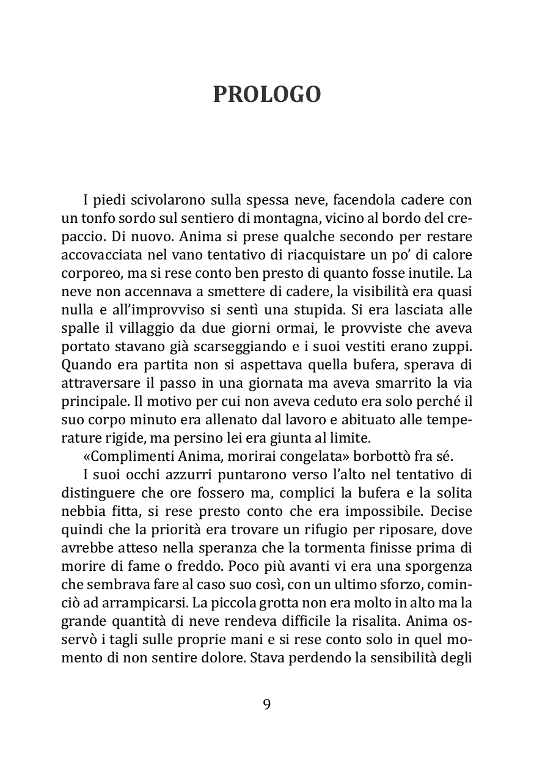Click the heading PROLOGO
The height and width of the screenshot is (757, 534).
coord(266,95)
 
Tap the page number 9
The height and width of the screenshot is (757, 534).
coord(266,704)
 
